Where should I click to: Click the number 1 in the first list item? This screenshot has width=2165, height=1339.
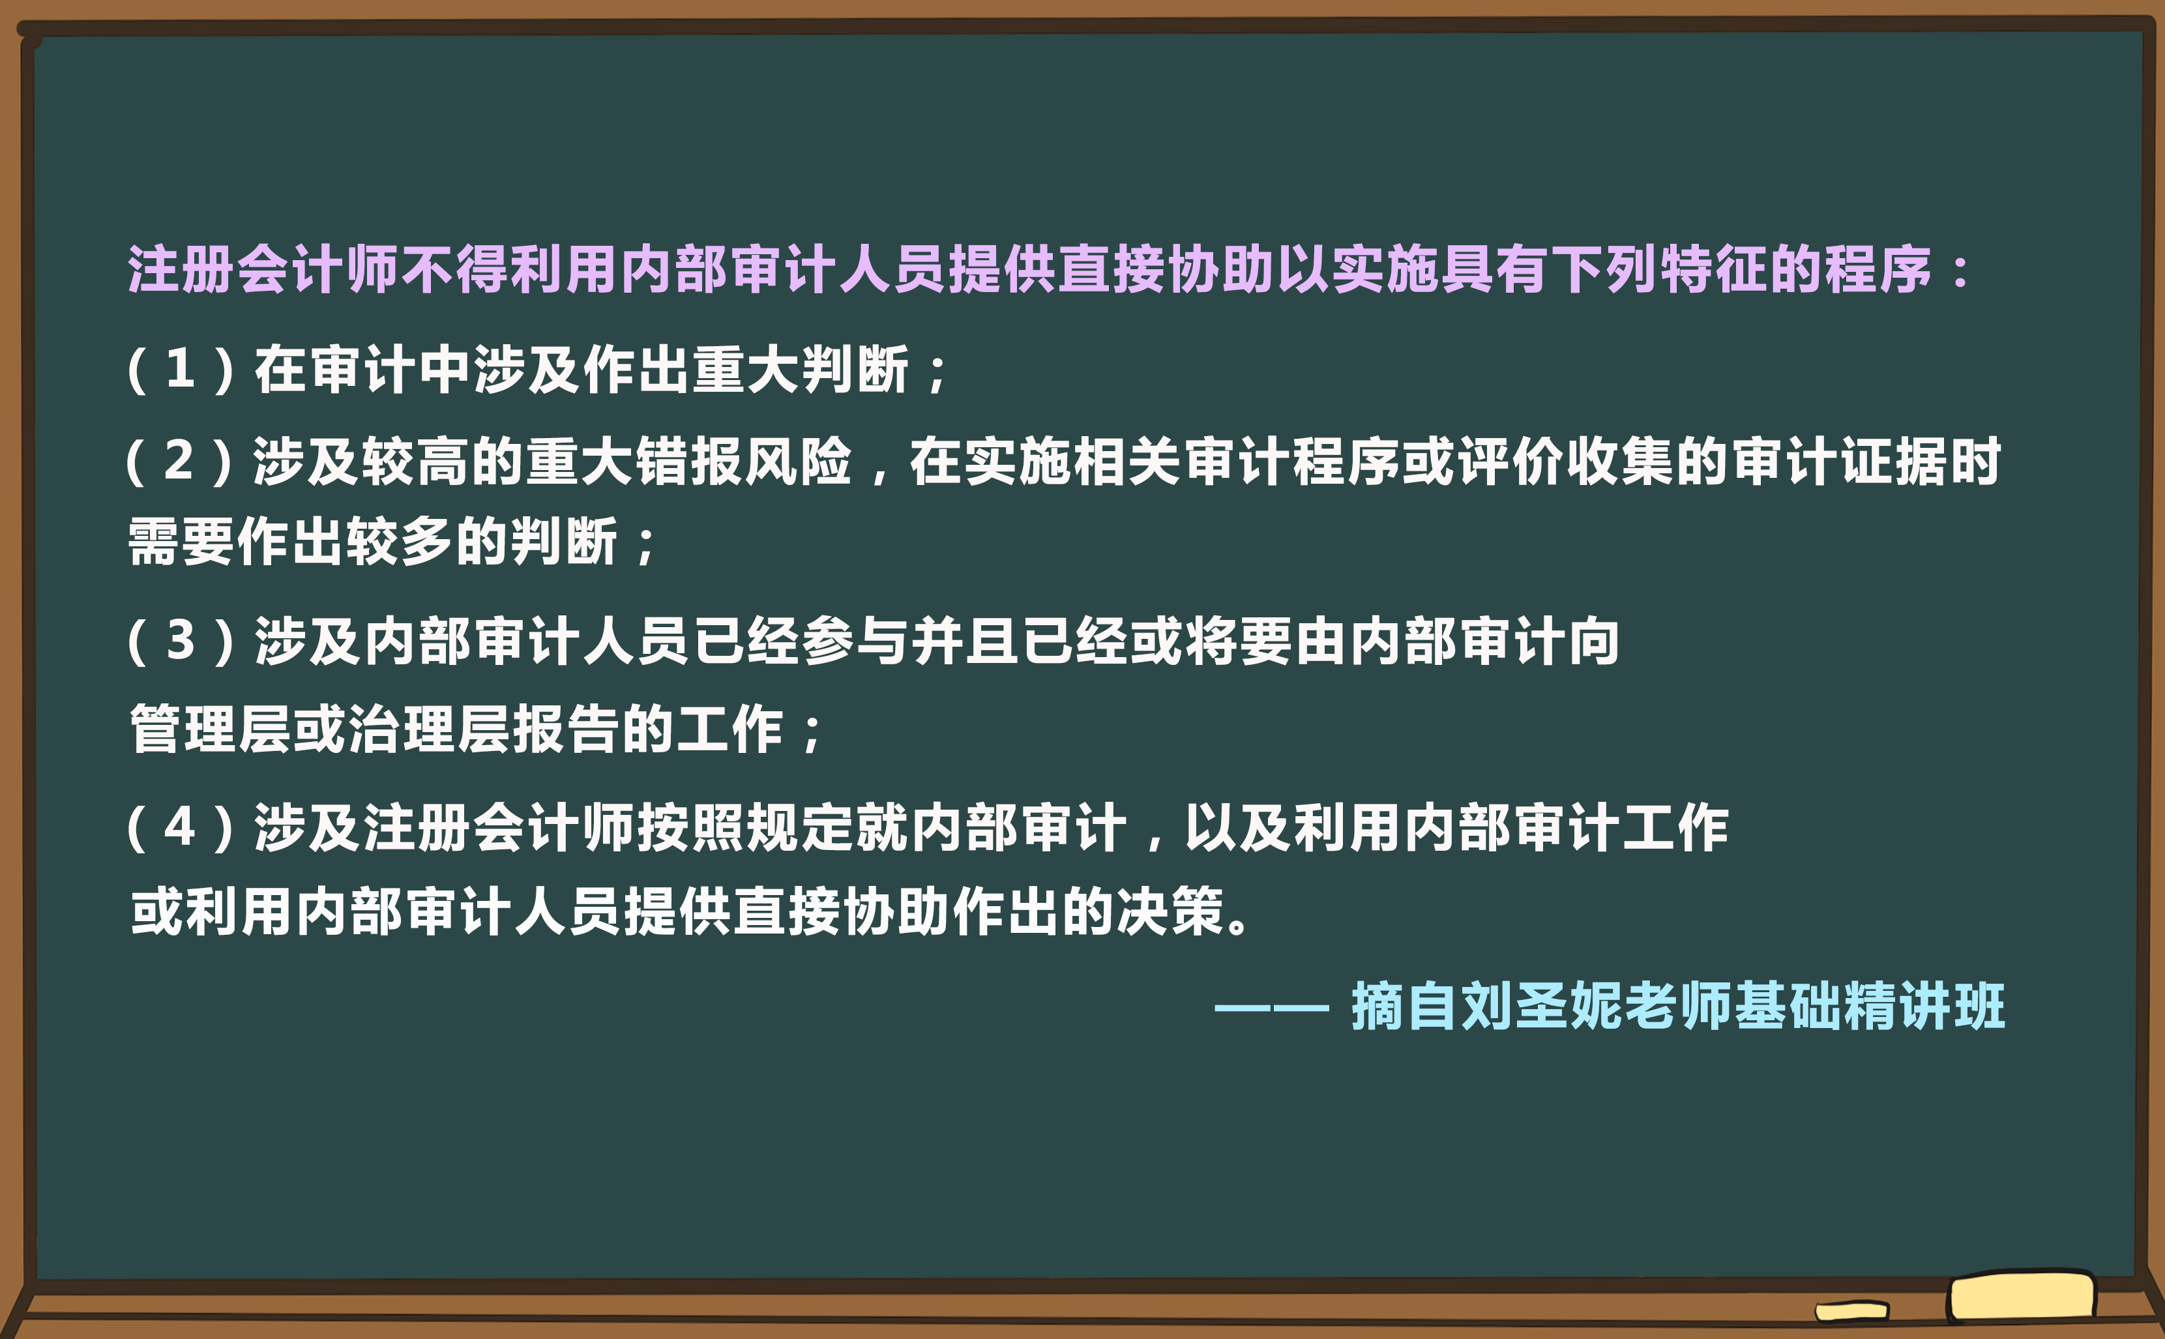point(181,368)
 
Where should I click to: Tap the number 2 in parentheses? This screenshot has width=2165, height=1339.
point(179,460)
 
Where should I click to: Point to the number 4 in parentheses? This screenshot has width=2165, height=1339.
point(180,827)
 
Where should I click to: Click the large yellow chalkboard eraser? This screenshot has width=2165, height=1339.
point(2021,1297)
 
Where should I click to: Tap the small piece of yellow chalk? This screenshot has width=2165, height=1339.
point(1851,1310)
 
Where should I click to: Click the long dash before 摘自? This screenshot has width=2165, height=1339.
point(1271,1007)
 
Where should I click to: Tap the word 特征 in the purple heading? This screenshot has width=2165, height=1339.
point(1713,269)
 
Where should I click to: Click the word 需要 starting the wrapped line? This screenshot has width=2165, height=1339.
point(181,541)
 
